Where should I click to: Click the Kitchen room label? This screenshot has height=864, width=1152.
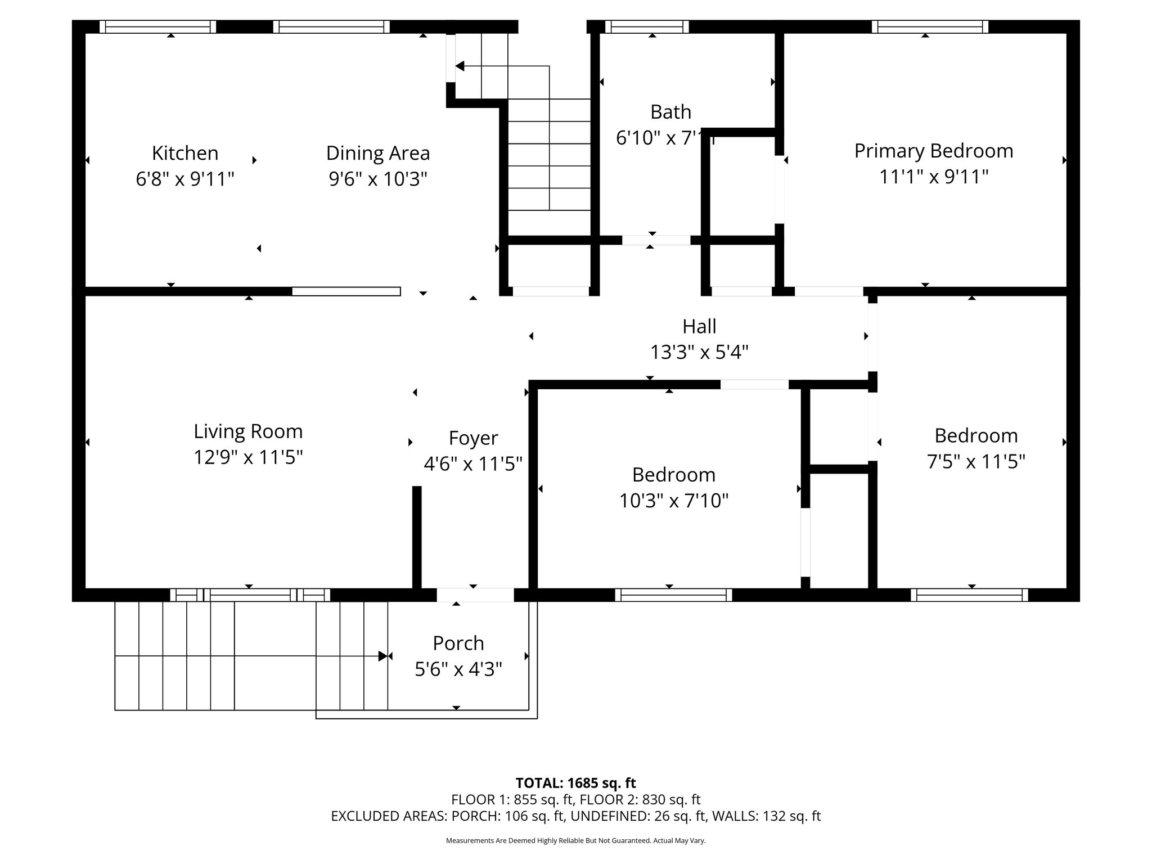184,153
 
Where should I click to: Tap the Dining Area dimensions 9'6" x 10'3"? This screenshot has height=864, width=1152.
378,179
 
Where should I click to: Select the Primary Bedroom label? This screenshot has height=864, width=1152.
933,151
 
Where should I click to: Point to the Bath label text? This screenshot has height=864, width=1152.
670,112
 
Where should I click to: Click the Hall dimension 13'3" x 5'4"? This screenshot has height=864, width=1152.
699,353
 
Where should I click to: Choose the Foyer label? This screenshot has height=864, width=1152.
473,438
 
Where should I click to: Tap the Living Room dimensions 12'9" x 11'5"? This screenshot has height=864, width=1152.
248,457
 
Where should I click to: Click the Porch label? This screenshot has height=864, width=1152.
458,643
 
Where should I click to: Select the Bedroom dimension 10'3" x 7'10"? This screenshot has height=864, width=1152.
673,500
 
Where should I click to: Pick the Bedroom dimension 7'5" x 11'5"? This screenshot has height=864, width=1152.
975,462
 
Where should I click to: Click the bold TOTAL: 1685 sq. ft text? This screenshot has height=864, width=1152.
575,783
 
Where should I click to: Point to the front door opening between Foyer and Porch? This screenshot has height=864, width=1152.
475,595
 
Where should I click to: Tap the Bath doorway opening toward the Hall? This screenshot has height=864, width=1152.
656,240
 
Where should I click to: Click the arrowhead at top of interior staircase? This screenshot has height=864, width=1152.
460,66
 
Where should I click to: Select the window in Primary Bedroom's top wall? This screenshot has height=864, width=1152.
930,26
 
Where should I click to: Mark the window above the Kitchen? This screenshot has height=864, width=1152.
157,26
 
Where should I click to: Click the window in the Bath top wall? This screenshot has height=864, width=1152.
647,26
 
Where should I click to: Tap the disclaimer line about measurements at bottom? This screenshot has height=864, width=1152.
575,840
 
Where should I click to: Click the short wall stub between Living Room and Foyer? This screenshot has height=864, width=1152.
417,537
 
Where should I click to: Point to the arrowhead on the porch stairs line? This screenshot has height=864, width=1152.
383,656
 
